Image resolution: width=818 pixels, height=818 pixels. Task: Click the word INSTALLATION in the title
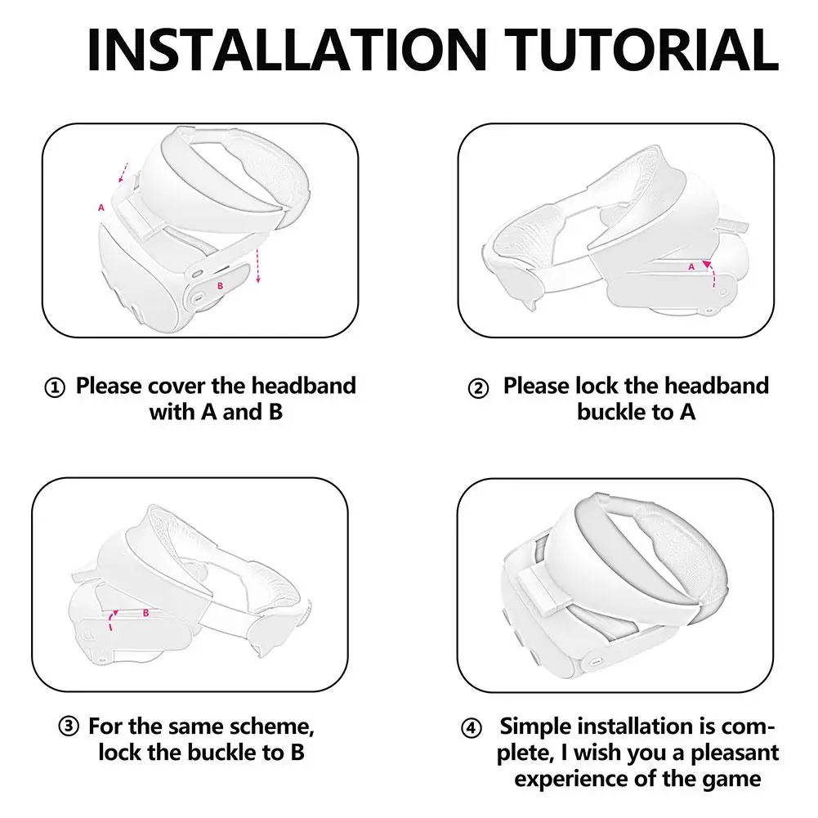287,50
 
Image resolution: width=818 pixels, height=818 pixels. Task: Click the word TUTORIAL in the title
641,50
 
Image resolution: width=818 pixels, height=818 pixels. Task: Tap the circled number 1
55,387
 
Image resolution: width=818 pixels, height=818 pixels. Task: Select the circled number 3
69,726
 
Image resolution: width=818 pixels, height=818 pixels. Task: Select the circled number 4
472,727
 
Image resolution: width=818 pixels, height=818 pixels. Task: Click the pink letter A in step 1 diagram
101,208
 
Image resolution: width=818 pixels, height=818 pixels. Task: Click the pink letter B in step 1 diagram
220,286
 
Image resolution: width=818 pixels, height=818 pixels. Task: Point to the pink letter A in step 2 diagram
691,267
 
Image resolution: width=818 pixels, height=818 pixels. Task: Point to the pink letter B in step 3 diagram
146,613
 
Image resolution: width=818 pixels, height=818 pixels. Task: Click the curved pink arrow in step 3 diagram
111,621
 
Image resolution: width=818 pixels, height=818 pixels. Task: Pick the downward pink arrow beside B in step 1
257,266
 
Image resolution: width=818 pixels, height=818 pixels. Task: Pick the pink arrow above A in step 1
123,172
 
